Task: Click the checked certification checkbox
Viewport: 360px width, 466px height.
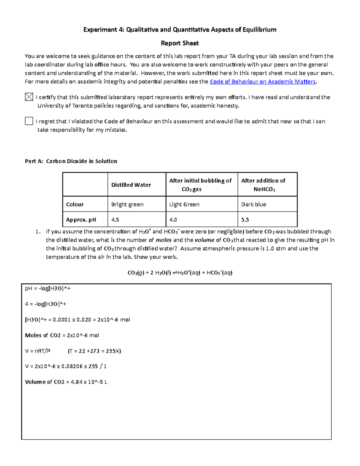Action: point(29,97)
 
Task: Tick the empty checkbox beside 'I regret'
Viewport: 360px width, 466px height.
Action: point(29,121)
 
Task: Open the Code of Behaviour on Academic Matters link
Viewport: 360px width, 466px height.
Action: point(262,82)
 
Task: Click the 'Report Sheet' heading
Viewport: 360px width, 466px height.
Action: point(180,43)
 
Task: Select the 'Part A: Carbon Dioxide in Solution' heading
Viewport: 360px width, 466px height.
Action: point(71,161)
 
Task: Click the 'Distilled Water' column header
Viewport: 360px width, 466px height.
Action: point(131,185)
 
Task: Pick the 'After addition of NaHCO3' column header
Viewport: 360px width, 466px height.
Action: point(263,185)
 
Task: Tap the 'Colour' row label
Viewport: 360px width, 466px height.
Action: point(75,204)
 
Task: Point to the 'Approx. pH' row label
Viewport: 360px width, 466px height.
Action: point(81,220)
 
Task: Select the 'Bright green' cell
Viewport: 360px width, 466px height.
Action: point(127,204)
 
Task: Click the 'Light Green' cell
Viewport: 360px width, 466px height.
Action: point(184,204)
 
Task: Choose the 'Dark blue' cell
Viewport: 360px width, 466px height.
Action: point(253,204)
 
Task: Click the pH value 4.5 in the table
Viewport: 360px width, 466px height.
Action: point(115,220)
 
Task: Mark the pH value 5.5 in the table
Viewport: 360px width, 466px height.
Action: point(245,220)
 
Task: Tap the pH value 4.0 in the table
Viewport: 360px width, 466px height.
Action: point(173,220)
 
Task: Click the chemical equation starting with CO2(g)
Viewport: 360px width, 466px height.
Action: point(180,273)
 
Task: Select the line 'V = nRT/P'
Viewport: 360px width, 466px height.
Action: point(38,351)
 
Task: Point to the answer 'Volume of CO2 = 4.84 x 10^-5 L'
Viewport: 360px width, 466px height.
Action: point(66,382)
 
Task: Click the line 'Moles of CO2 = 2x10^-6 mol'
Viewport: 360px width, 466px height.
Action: point(62,335)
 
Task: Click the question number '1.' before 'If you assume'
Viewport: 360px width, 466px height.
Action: point(37,232)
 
